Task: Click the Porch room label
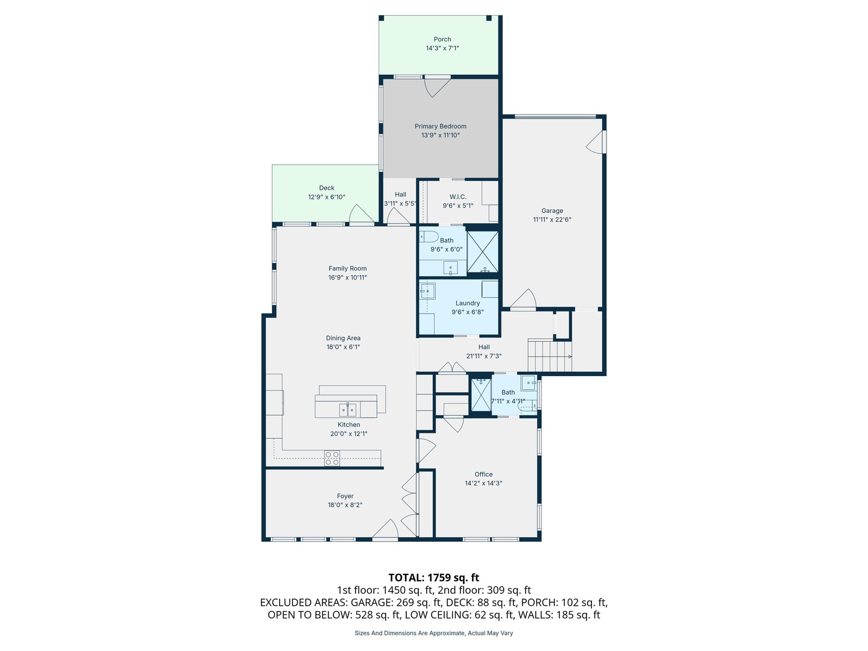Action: pyautogui.click(x=442, y=39)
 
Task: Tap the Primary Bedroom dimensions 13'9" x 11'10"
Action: pyautogui.click(x=440, y=135)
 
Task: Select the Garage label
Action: pyautogui.click(x=552, y=211)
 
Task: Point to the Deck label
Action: pyautogui.click(x=327, y=187)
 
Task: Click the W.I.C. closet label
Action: pyautogui.click(x=458, y=197)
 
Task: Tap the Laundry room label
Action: pyautogui.click(x=467, y=303)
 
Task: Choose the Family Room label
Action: pyautogui.click(x=348, y=268)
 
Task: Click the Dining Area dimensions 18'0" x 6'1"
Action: pyautogui.click(x=343, y=347)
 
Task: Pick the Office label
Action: pyautogui.click(x=483, y=474)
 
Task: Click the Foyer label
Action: pyautogui.click(x=345, y=496)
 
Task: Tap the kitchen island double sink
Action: pyautogui.click(x=348, y=410)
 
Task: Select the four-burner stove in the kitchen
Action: pyautogui.click(x=332, y=458)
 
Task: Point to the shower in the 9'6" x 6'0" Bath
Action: pyautogui.click(x=482, y=252)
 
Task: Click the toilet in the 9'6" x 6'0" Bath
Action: pyautogui.click(x=429, y=236)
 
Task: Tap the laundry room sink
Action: pyautogui.click(x=427, y=292)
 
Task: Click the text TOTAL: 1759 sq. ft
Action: pyautogui.click(x=434, y=578)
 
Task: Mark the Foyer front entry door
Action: pyautogui.click(x=385, y=529)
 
